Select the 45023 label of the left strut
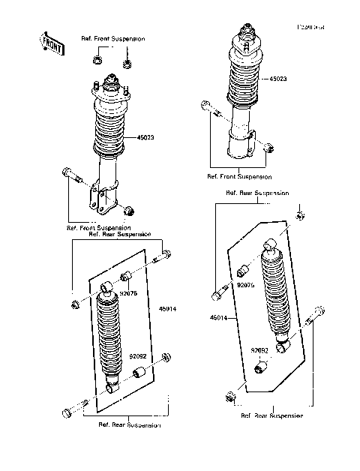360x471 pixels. click(146, 137)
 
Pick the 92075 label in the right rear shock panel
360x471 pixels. click(247, 285)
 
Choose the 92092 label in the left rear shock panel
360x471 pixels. click(137, 356)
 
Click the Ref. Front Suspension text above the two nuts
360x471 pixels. click(113, 37)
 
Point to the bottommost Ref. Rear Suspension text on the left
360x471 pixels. click(129, 425)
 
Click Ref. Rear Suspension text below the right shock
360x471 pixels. click(271, 415)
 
